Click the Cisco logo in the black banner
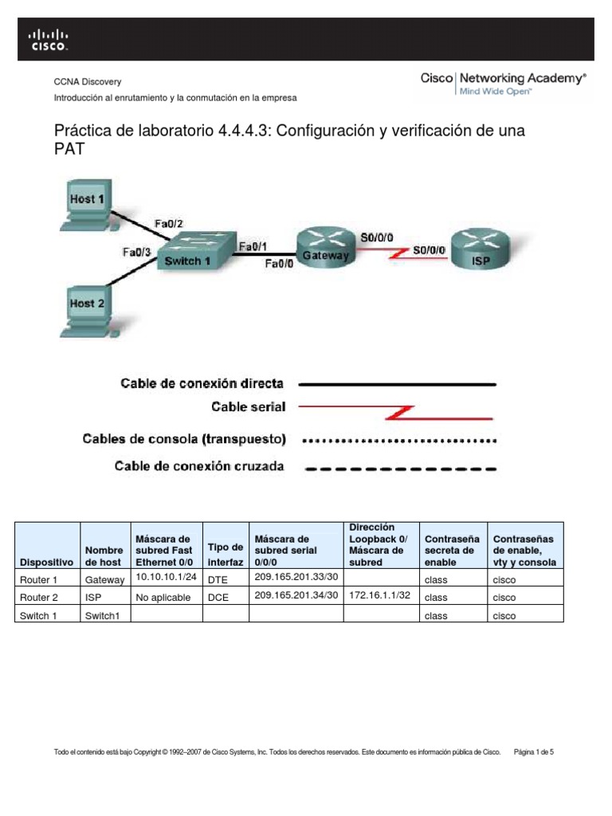coord(49,39)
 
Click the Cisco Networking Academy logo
coord(503,83)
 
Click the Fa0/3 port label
coord(137,252)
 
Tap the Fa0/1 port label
coord(253,246)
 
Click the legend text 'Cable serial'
coord(248,407)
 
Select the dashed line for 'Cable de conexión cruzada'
coord(402,469)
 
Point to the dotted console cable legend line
coord(402,439)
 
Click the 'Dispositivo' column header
coord(47,562)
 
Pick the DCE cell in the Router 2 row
coord(218,598)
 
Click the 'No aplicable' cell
coord(163,598)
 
